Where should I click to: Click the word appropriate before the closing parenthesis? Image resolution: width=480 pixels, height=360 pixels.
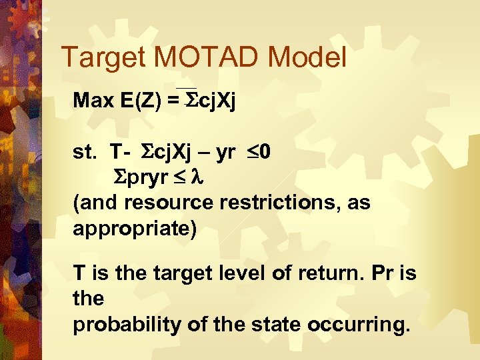pyautogui.click(x=131, y=228)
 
